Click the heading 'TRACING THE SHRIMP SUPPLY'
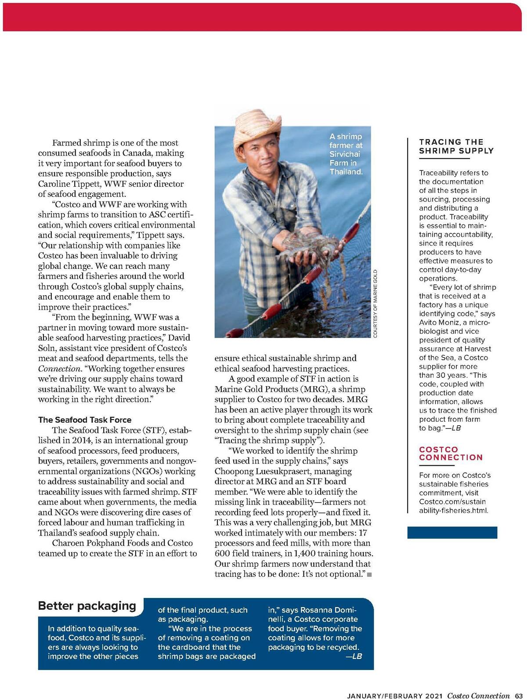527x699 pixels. tap(456, 146)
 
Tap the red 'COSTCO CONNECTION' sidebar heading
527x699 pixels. tap(451, 453)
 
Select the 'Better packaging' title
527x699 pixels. tap(87, 605)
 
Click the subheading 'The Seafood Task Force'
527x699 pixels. tap(85, 420)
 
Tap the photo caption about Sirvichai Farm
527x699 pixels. tap(346, 154)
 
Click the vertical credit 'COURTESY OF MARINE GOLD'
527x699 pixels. tap(375, 304)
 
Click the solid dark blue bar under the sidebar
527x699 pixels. tap(452, 532)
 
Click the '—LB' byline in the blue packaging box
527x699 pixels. tap(354, 656)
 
